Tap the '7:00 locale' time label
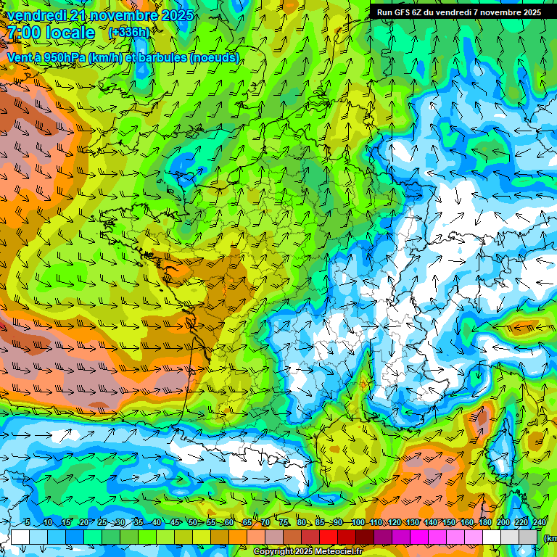coord(51,33)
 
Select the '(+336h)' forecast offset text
coord(128,32)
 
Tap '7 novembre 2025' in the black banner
coord(507,12)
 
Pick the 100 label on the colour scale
coord(358,522)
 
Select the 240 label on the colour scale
coord(539,522)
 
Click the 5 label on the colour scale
coord(28,522)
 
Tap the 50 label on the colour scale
coord(193,522)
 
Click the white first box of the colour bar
coord(20,537)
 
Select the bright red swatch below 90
coord(329,537)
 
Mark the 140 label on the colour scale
coord(430,522)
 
